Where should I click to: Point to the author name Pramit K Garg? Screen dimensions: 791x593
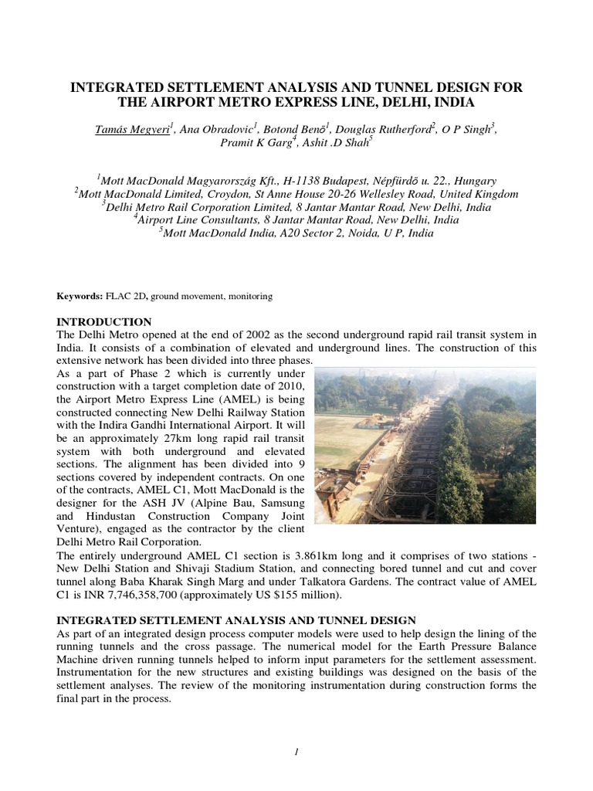253,144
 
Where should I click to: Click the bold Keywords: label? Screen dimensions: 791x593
82,296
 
